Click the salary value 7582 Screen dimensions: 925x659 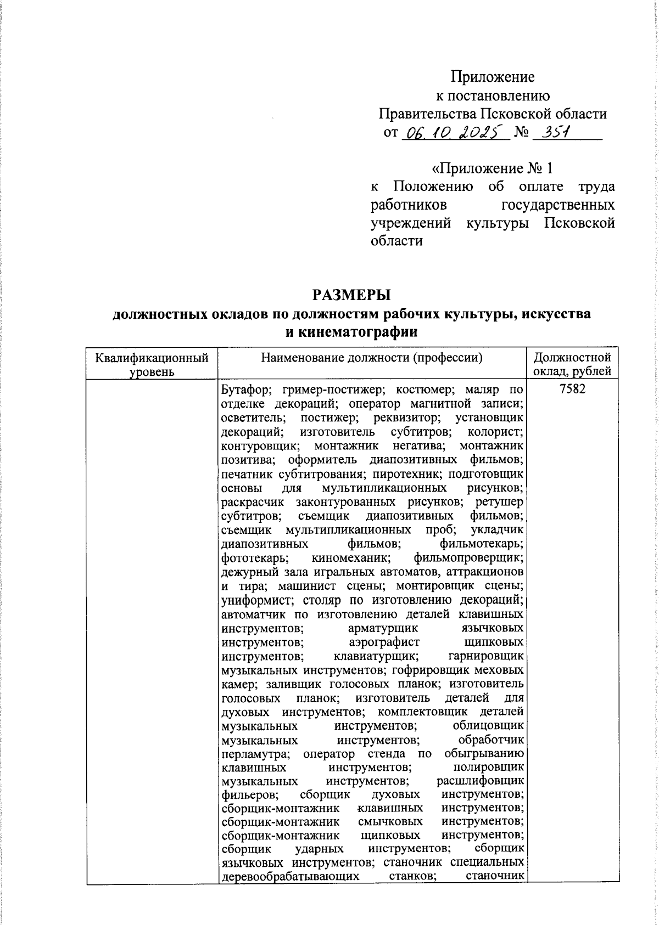click(572, 389)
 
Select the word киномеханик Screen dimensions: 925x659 click(351, 559)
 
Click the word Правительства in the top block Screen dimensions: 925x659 click(428, 114)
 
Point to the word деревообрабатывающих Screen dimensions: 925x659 click(291, 877)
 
